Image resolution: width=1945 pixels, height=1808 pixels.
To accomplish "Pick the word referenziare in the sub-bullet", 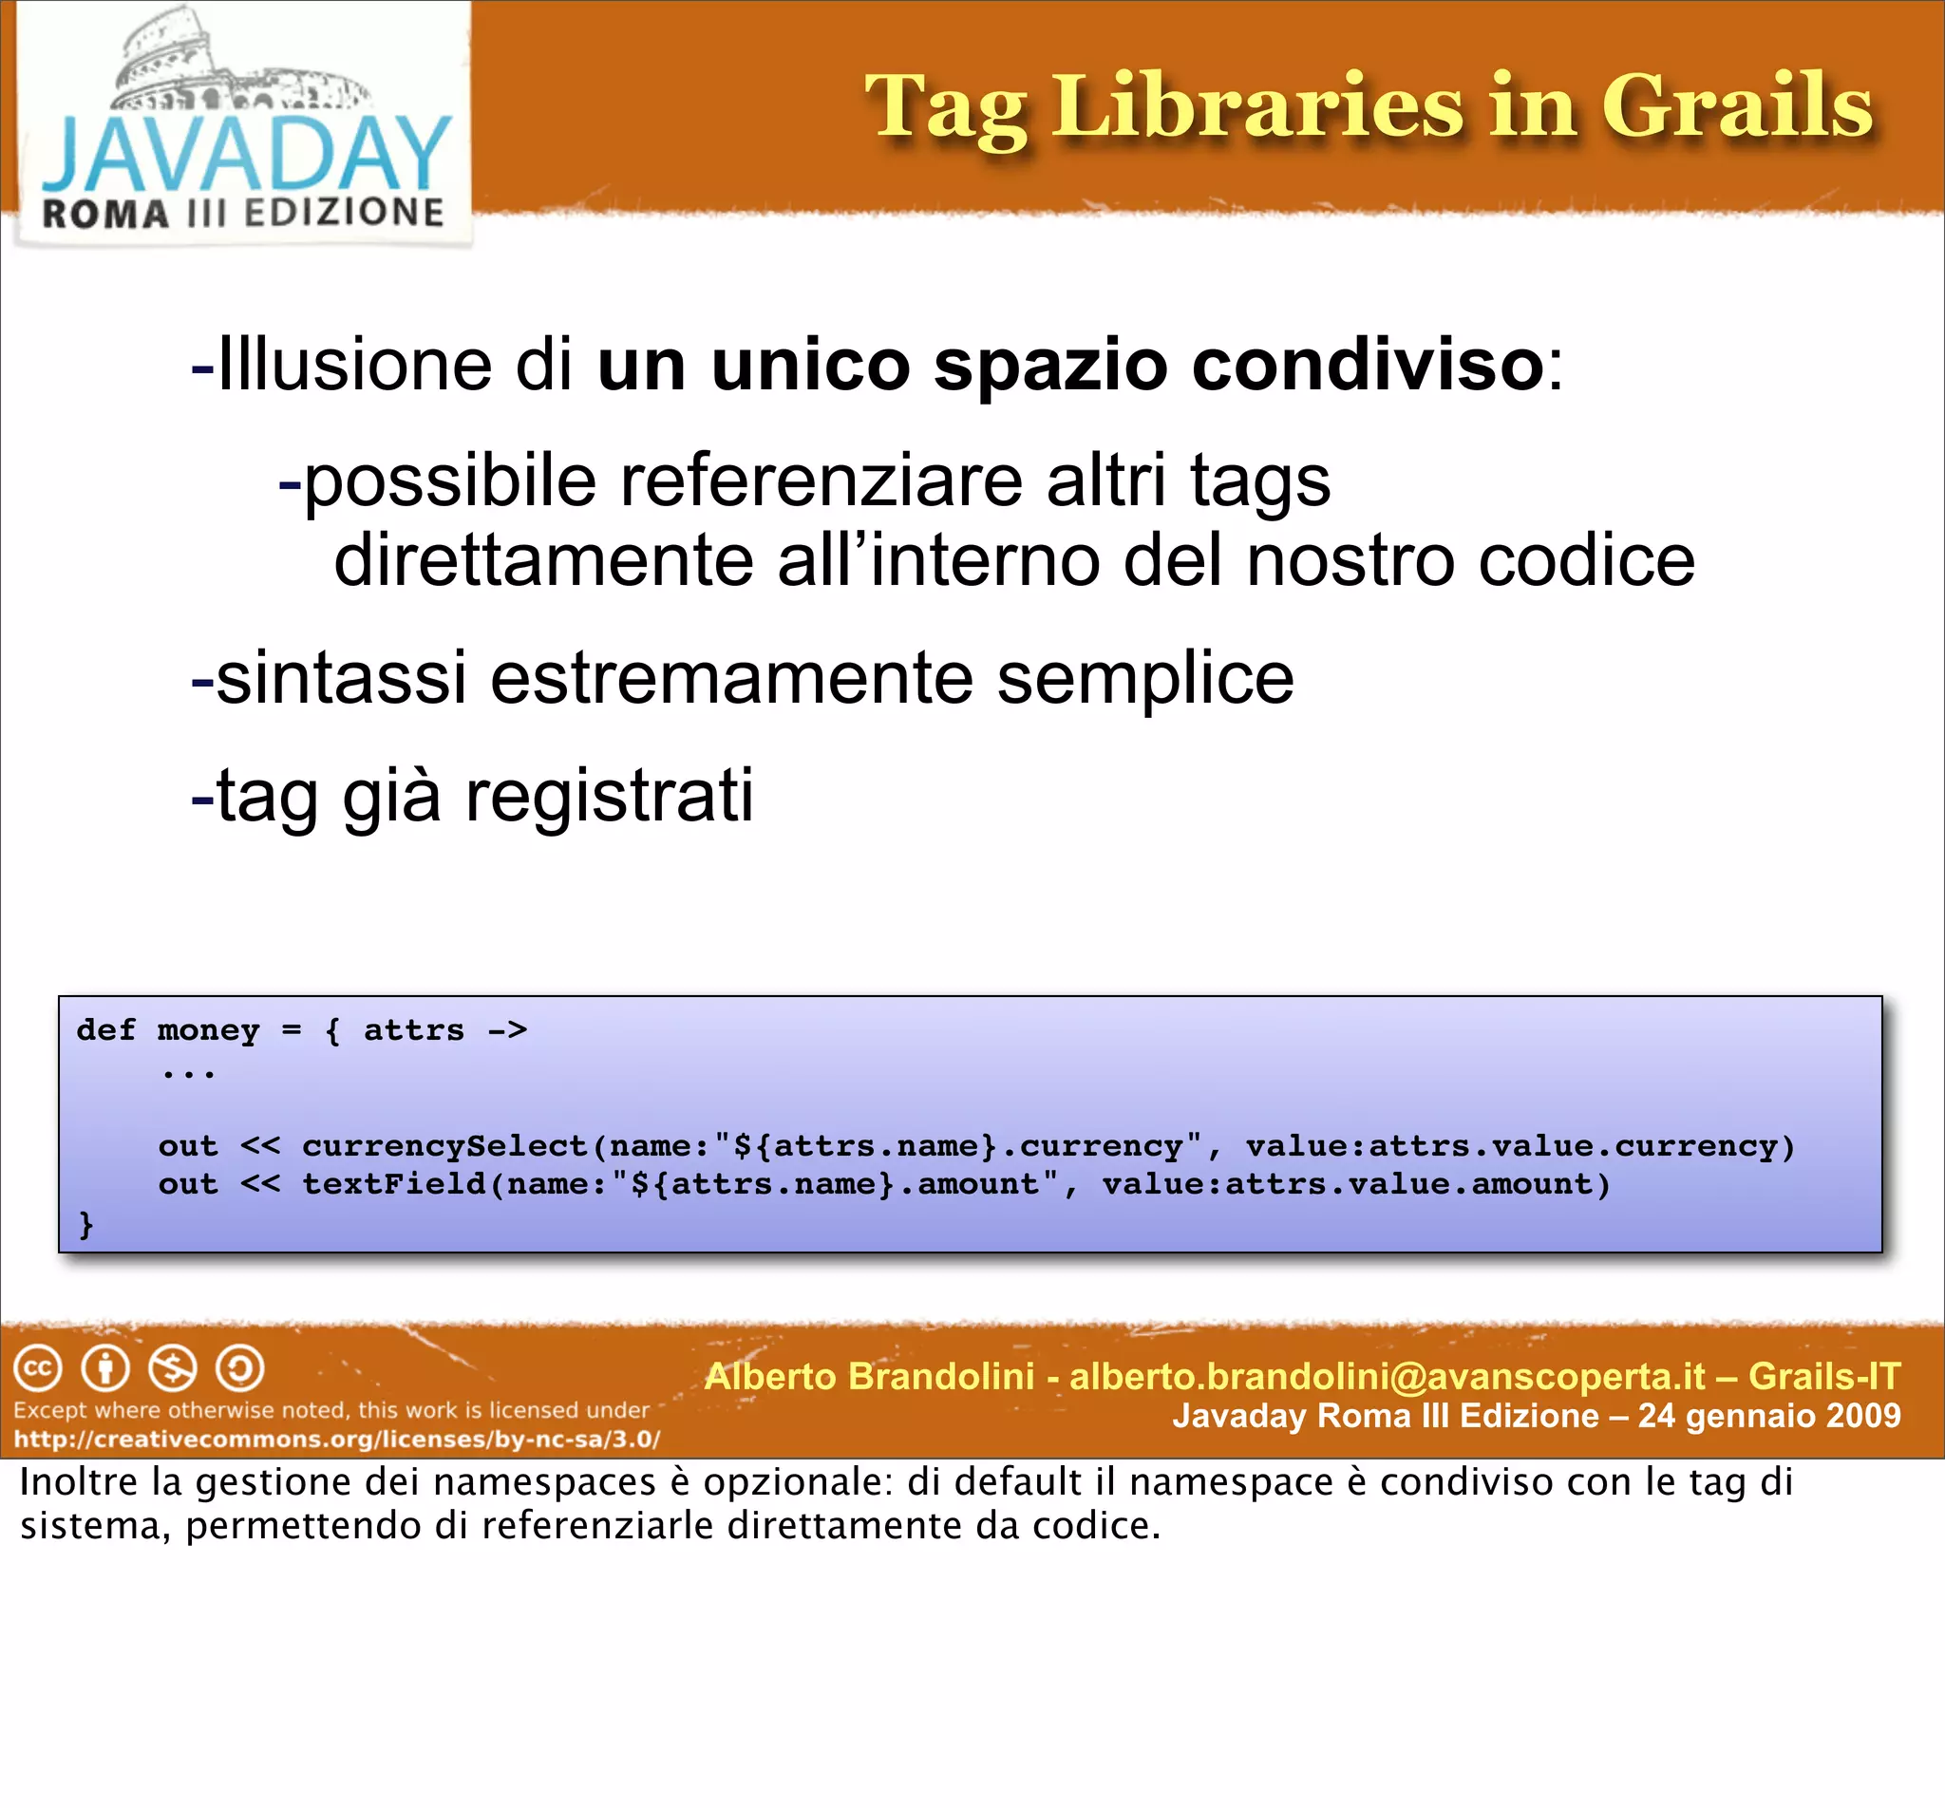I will point(821,481).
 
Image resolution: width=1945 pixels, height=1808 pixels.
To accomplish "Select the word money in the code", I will point(208,1030).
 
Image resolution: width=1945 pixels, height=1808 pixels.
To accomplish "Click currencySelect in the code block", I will point(444,1145).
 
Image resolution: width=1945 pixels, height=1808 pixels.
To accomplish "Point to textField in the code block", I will point(393,1184).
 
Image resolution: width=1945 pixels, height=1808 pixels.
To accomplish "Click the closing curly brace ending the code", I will point(86,1224).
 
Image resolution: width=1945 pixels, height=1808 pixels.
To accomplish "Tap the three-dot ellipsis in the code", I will point(188,1074).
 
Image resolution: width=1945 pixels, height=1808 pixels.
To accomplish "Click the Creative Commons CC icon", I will point(38,1368).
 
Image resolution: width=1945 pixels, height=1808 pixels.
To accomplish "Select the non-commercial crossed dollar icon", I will point(172,1368).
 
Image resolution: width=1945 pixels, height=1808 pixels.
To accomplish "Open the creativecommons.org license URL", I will point(336,1440).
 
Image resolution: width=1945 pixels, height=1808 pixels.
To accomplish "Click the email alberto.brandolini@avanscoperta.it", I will point(1388,1377).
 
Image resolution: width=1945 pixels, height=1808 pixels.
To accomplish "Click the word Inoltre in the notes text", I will point(78,1482).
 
